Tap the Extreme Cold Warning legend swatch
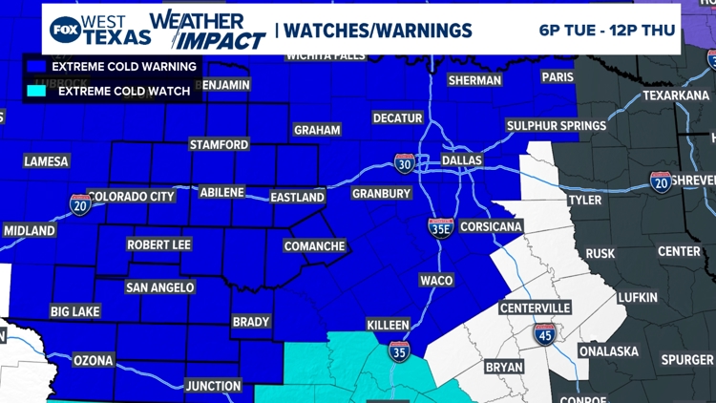(38, 67)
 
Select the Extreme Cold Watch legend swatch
(38, 92)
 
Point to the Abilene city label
(221, 192)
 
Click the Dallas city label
(461, 160)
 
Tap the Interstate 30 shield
(404, 163)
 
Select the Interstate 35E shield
(440, 226)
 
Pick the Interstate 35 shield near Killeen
(399, 350)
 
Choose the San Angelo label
(159, 286)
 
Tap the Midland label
(29, 231)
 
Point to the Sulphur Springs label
(557, 125)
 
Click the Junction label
(213, 386)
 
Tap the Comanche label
(314, 245)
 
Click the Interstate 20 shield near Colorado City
(80, 203)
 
